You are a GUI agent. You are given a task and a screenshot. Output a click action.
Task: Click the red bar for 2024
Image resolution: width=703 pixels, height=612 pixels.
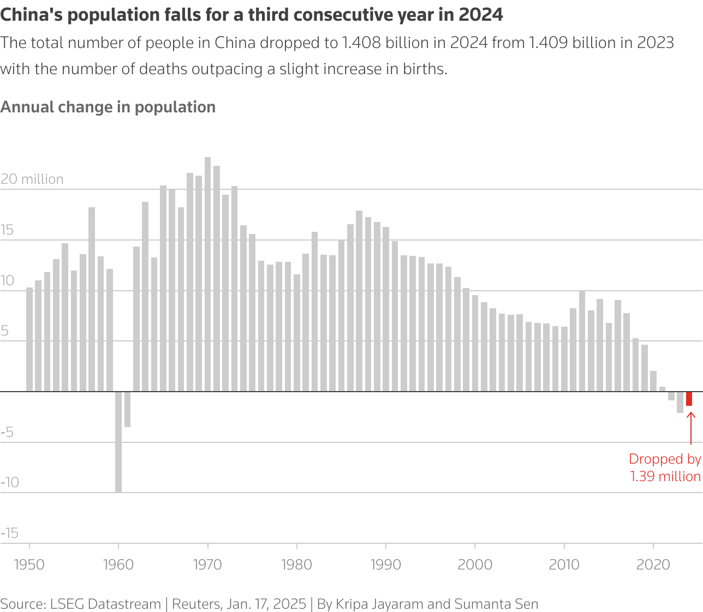pyautogui.click(x=689, y=399)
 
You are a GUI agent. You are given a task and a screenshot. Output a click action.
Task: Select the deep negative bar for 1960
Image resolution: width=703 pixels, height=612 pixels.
pyautogui.click(x=118, y=442)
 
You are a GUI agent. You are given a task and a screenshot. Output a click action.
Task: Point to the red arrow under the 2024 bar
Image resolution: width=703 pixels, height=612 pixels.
pyautogui.click(x=690, y=428)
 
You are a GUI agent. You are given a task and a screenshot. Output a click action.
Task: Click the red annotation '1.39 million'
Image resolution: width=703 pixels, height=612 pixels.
pyautogui.click(x=665, y=476)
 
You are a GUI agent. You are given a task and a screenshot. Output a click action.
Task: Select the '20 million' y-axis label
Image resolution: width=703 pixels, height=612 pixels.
pyautogui.click(x=32, y=179)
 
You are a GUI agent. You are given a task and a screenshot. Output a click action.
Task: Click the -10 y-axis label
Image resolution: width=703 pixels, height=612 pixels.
pyautogui.click(x=10, y=482)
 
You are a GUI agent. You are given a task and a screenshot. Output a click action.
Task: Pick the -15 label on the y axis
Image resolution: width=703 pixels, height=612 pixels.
pyautogui.click(x=10, y=533)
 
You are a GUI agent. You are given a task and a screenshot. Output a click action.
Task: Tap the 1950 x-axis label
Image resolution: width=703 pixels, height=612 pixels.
pyautogui.click(x=29, y=565)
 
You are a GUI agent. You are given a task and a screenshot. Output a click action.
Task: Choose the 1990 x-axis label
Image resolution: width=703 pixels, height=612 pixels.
pyautogui.click(x=386, y=565)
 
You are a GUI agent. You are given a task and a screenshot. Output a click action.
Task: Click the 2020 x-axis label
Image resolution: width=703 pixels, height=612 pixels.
pyautogui.click(x=653, y=565)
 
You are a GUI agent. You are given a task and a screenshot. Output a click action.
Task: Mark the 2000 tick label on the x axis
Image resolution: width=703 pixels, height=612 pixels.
pyautogui.click(x=475, y=565)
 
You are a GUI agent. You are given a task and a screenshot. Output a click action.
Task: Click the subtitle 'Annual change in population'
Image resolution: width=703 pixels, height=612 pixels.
pyautogui.click(x=108, y=107)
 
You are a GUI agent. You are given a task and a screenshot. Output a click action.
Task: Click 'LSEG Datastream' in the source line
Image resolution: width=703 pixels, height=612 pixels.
pyautogui.click(x=105, y=604)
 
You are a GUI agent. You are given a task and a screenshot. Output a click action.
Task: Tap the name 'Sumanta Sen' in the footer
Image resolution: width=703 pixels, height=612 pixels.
pyautogui.click(x=496, y=604)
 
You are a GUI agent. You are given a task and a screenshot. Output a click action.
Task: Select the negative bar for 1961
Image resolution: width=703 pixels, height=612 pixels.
pyautogui.click(x=127, y=409)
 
